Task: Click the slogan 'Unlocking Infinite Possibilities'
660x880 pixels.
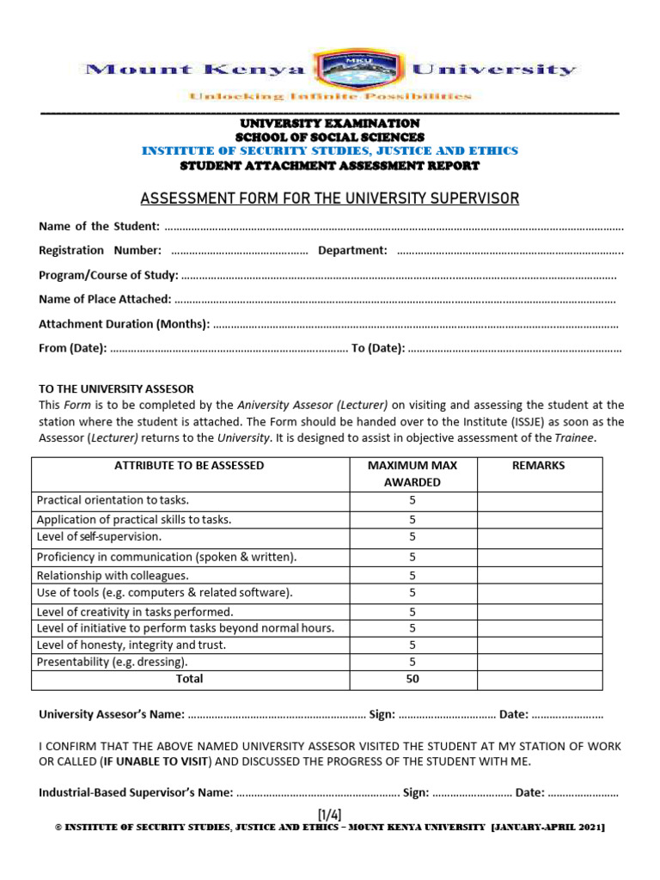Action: tap(330, 96)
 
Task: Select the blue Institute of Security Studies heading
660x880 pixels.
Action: tap(330, 150)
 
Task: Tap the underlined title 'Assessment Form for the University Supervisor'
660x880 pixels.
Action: tap(330, 199)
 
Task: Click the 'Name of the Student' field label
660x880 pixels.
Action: tap(99, 226)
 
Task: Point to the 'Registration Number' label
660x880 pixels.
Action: tap(100, 250)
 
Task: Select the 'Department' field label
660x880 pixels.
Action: tap(352, 250)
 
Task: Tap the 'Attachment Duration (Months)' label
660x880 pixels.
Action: tap(124, 324)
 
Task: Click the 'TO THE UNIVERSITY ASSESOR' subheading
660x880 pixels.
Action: tap(116, 388)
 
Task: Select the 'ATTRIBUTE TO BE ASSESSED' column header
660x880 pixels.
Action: tap(189, 466)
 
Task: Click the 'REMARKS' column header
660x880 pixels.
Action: tap(539, 466)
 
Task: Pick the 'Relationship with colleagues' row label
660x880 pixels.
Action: tap(113, 576)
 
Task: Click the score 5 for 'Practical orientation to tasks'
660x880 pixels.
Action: tap(412, 500)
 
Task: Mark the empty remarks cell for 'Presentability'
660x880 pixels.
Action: tap(540, 662)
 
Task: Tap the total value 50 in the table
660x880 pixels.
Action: tap(412, 679)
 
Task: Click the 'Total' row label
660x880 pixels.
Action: tap(189, 679)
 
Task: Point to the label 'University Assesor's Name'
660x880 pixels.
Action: tap(112, 715)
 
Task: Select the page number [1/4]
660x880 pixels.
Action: tap(330, 814)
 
